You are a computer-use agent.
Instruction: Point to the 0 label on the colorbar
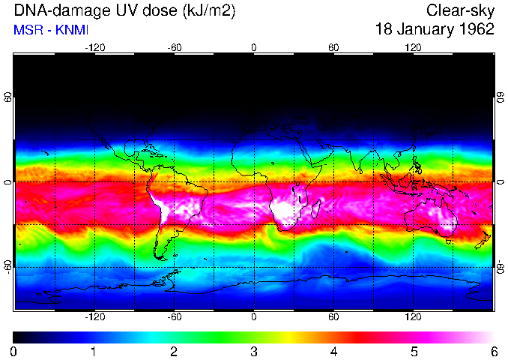(14, 351)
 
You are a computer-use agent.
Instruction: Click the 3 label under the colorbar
(253, 351)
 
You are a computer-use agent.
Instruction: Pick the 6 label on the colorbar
(493, 351)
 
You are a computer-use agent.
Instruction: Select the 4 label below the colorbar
(333, 351)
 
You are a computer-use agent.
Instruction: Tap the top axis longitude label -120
(94, 47)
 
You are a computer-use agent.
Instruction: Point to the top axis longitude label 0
(254, 47)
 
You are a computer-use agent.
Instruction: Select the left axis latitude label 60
(7, 98)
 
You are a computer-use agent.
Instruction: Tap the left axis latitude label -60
(7, 267)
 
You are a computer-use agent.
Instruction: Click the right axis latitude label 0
(500, 182)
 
